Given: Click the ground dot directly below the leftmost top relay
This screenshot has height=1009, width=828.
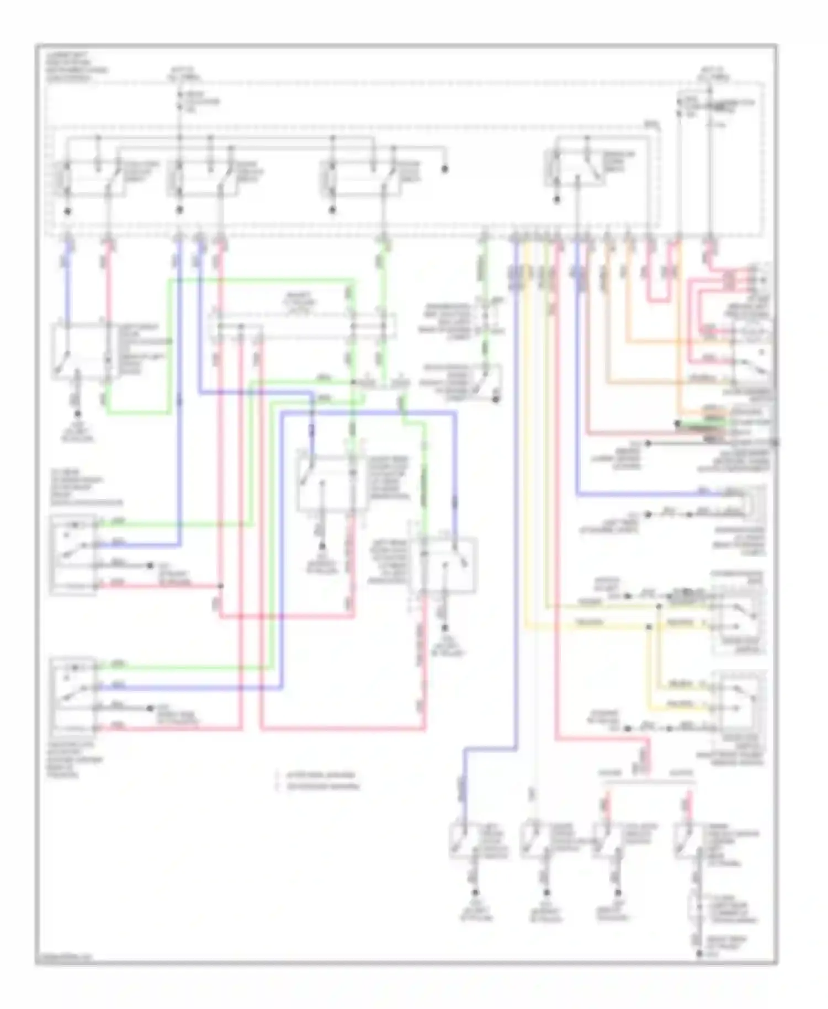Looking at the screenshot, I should click(67, 211).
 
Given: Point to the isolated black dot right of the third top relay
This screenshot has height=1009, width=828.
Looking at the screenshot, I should click(445, 169).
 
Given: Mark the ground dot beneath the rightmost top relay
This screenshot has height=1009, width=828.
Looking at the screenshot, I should click(557, 201).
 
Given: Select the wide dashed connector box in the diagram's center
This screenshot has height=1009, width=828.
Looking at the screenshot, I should click(302, 326).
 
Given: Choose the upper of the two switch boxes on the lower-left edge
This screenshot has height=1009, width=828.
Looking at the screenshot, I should click(74, 554).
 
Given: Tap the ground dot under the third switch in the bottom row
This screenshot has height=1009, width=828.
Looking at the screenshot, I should click(614, 893).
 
